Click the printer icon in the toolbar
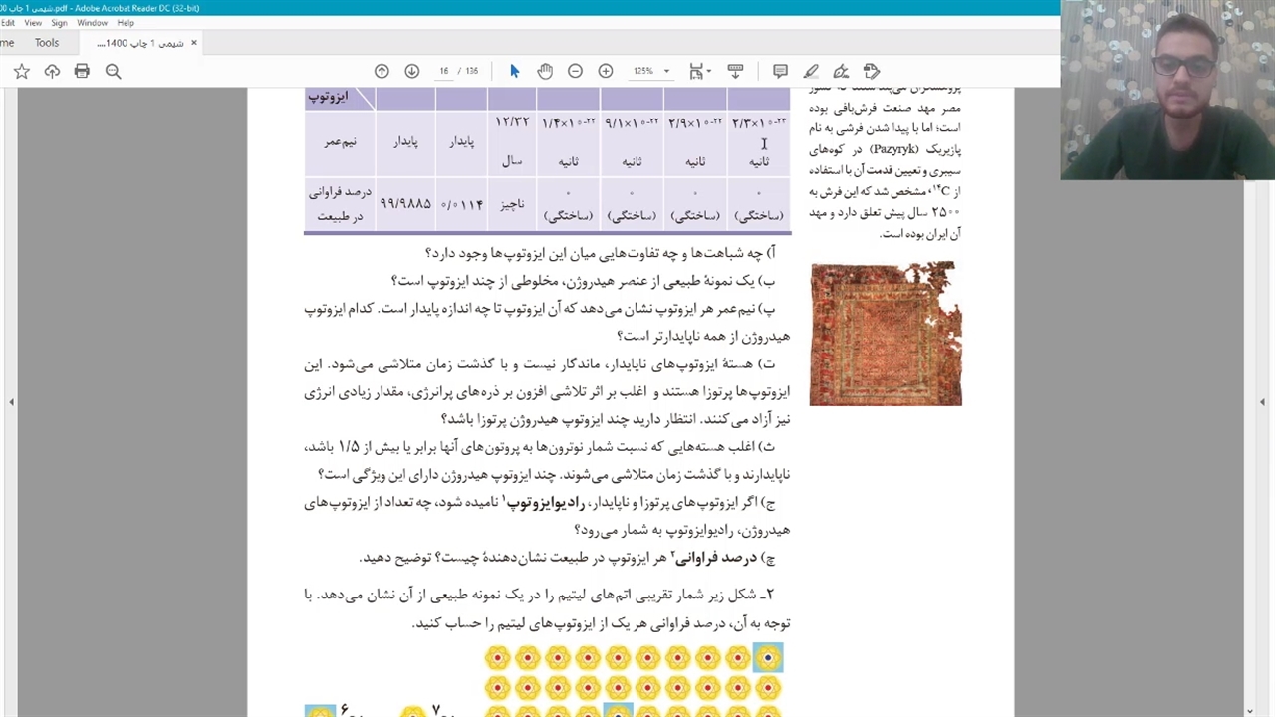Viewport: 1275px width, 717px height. pyautogui.click(x=82, y=71)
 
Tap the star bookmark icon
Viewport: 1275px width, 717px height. pyautogui.click(x=22, y=71)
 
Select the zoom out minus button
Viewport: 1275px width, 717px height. pyautogui.click(x=575, y=71)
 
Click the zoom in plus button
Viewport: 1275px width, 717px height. pyautogui.click(x=605, y=71)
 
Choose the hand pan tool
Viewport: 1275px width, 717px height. pyautogui.click(x=545, y=71)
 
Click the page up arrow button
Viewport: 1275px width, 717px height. pyautogui.click(x=382, y=71)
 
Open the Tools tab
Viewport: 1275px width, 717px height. pyautogui.click(x=47, y=43)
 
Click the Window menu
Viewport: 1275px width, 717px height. pyautogui.click(x=92, y=23)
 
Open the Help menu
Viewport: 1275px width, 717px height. pyautogui.click(x=126, y=23)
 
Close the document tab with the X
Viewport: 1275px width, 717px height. pyautogui.click(x=194, y=43)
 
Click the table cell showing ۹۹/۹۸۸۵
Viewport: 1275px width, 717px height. pyautogui.click(x=405, y=204)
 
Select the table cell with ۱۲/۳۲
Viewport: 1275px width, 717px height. pyautogui.click(x=512, y=122)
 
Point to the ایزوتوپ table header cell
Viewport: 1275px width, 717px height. pyautogui.click(x=328, y=97)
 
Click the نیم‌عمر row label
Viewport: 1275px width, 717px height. pyautogui.click(x=340, y=142)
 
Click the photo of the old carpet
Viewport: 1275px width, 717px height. pyautogui.click(x=886, y=334)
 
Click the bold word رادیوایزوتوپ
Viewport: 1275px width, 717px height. pyautogui.click(x=544, y=503)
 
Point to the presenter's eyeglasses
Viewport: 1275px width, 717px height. pyautogui.click(x=1184, y=67)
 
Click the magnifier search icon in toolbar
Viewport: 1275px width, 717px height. pyautogui.click(x=113, y=71)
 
